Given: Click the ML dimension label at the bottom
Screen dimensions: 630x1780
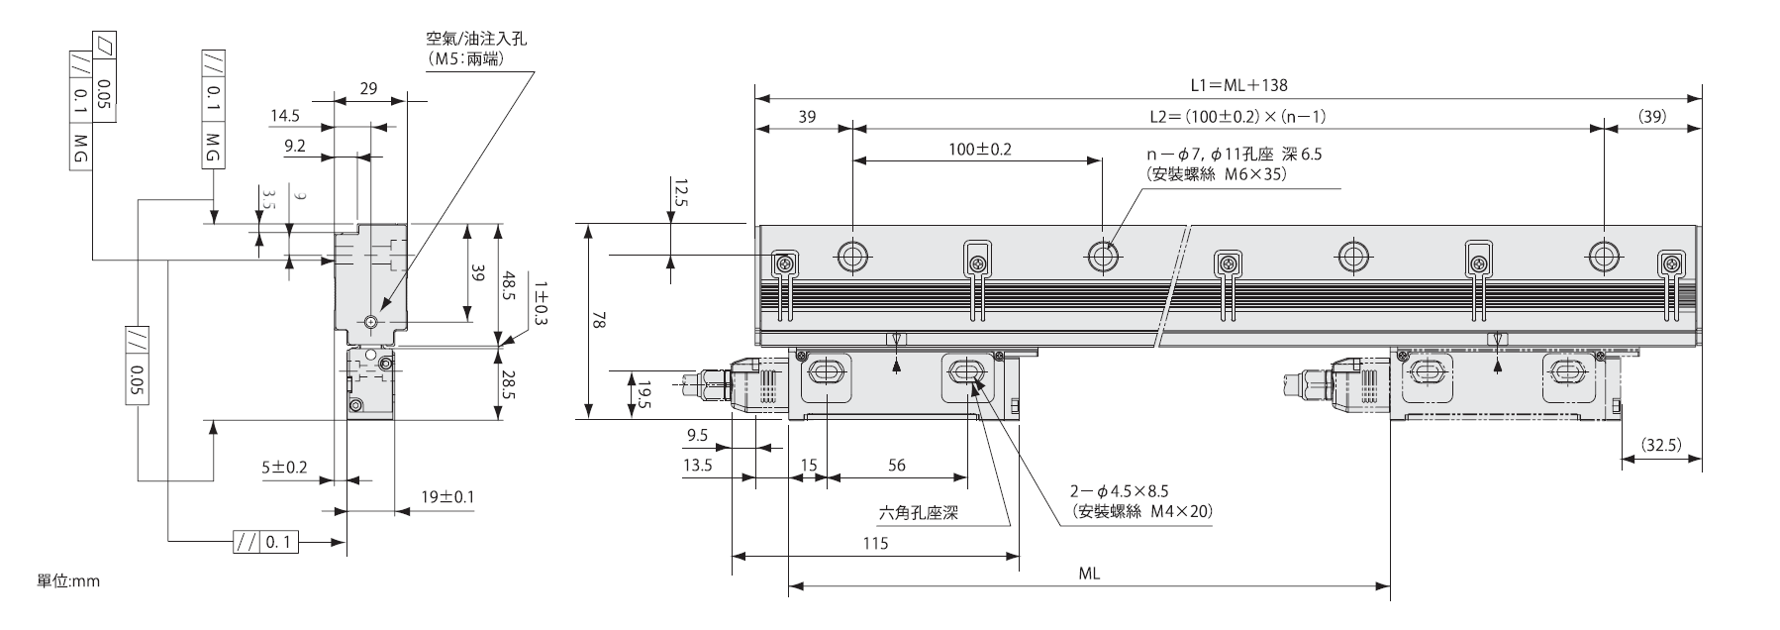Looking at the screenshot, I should pyautogui.click(x=1090, y=574).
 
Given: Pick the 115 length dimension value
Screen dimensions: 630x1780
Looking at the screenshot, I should pyautogui.click(x=875, y=543).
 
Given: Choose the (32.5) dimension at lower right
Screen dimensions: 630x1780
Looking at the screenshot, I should pyautogui.click(x=1660, y=445).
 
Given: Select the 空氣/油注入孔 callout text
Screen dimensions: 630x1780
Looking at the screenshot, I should pyautogui.click(x=477, y=40).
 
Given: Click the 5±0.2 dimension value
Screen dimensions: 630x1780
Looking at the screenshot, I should pyautogui.click(x=284, y=466).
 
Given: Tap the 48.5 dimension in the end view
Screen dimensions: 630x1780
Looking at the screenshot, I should pyautogui.click(x=508, y=286).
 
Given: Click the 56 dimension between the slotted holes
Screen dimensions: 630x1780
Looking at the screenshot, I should pyautogui.click(x=897, y=465).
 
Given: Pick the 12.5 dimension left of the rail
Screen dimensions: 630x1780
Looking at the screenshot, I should pyautogui.click(x=679, y=193).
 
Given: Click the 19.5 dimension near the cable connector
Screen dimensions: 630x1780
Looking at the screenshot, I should pyautogui.click(x=644, y=394).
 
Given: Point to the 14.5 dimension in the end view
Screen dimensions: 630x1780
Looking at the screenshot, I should pyautogui.click(x=285, y=116).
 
